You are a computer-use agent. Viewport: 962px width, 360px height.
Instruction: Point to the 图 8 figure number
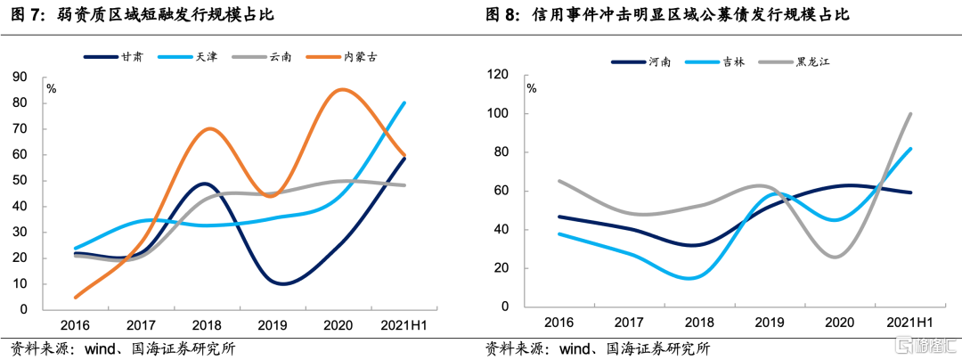point(503,15)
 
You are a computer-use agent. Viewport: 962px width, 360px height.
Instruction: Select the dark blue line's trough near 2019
point(282,283)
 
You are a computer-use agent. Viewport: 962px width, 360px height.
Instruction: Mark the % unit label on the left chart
point(52,88)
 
